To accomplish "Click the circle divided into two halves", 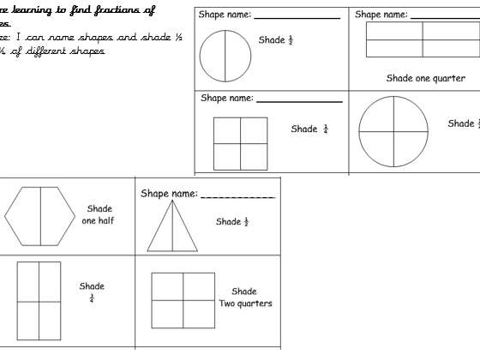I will (x=225, y=57).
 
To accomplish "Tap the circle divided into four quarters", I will (x=393, y=131).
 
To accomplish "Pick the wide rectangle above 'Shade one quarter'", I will (x=423, y=39).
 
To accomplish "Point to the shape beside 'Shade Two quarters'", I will (x=183, y=300).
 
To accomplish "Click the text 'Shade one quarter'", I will (x=426, y=78).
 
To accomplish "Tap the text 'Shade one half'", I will (x=100, y=213).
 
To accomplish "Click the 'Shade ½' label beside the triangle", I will (x=232, y=222).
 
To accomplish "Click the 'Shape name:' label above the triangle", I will (x=169, y=195).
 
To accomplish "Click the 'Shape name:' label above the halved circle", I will (x=225, y=15).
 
